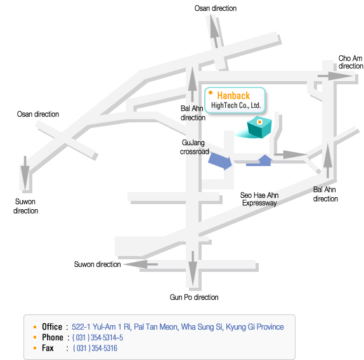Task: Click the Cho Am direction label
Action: pyautogui.click(x=351, y=62)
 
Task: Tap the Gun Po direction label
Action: pyautogui.click(x=194, y=297)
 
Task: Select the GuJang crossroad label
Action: pyautogui.click(x=194, y=147)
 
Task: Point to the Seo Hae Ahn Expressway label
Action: pyautogui.click(x=259, y=199)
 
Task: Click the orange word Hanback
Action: pyautogui.click(x=233, y=96)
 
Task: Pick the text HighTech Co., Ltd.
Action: pyautogui.click(x=236, y=105)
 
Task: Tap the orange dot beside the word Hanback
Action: pyautogui.click(x=211, y=93)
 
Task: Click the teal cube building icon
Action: pyautogui.click(x=259, y=127)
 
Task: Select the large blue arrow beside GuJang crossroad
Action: pyautogui.click(x=220, y=161)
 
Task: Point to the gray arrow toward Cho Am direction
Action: pyautogui.click(x=335, y=76)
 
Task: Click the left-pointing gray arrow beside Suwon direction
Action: pyautogui.click(x=141, y=264)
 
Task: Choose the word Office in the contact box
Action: pyautogui.click(x=52, y=327)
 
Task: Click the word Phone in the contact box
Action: pyautogui.click(x=53, y=337)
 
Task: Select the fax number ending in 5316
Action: pyautogui.click(x=95, y=348)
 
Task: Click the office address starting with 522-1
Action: pyautogui.click(x=178, y=327)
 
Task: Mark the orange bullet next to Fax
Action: pyautogui.click(x=35, y=348)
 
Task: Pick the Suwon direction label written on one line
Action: pyautogui.click(x=98, y=264)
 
